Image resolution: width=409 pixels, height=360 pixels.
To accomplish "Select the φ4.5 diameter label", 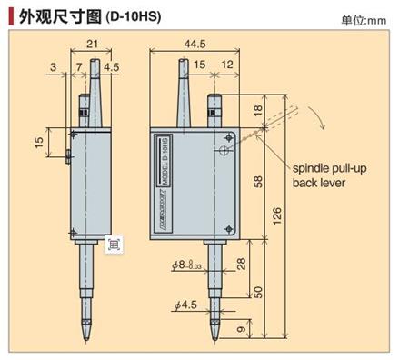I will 185,304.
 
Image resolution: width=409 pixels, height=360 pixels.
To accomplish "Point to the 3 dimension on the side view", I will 55,66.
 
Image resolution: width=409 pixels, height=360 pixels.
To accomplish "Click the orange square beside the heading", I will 8,15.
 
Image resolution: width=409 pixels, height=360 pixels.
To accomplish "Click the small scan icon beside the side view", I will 115,244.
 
